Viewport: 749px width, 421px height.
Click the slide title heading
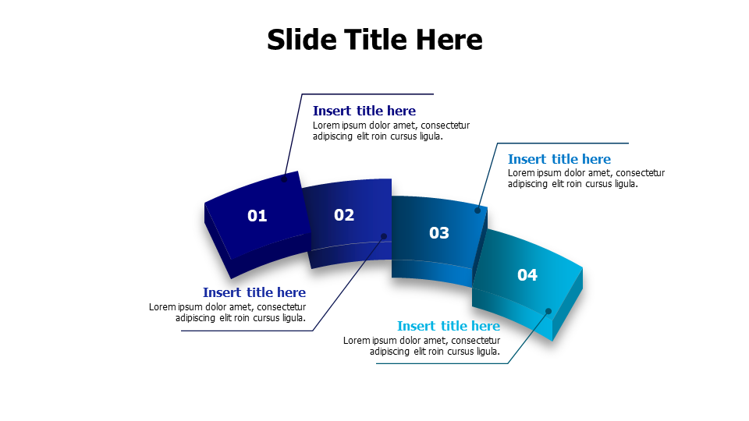pyautogui.click(x=374, y=40)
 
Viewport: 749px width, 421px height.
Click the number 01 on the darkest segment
pyautogui.click(x=257, y=216)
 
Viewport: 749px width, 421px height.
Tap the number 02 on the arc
pyautogui.click(x=344, y=215)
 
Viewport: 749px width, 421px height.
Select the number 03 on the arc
pyautogui.click(x=439, y=232)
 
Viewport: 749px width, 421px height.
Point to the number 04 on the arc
pyautogui.click(x=527, y=274)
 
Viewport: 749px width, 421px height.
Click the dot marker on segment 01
pyautogui.click(x=284, y=179)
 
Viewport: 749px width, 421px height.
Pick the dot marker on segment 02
pyautogui.click(x=384, y=236)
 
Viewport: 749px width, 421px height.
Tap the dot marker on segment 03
pyautogui.click(x=477, y=210)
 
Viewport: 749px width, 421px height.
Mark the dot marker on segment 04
pyautogui.click(x=548, y=311)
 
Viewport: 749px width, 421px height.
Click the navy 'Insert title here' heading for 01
pyautogui.click(x=364, y=111)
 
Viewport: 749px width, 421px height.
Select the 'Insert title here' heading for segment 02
pyautogui.click(x=254, y=292)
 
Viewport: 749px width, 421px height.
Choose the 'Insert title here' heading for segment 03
pyautogui.click(x=559, y=159)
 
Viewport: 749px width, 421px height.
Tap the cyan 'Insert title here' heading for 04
pyautogui.click(x=449, y=326)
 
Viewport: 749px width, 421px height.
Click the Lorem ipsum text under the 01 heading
pyautogui.click(x=391, y=131)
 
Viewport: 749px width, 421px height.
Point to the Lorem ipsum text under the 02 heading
pyautogui.click(x=228, y=313)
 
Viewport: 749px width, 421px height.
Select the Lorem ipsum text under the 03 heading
pyautogui.click(x=586, y=179)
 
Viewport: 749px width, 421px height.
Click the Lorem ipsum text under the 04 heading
pyautogui.click(x=422, y=346)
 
